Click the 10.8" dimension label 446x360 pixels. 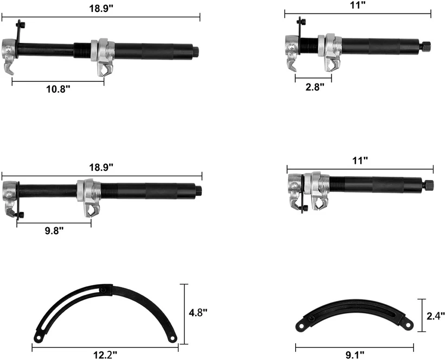[x=58, y=89]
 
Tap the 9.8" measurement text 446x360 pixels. [x=54, y=230]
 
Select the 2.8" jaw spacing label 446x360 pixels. [x=315, y=87]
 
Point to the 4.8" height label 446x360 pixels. [x=198, y=312]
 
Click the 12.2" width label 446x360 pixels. [x=105, y=355]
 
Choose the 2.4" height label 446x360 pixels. [x=436, y=316]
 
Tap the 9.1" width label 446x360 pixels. [x=355, y=355]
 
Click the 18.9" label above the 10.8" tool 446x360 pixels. [x=101, y=8]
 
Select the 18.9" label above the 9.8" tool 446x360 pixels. [x=101, y=167]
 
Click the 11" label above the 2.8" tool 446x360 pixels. [x=358, y=5]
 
